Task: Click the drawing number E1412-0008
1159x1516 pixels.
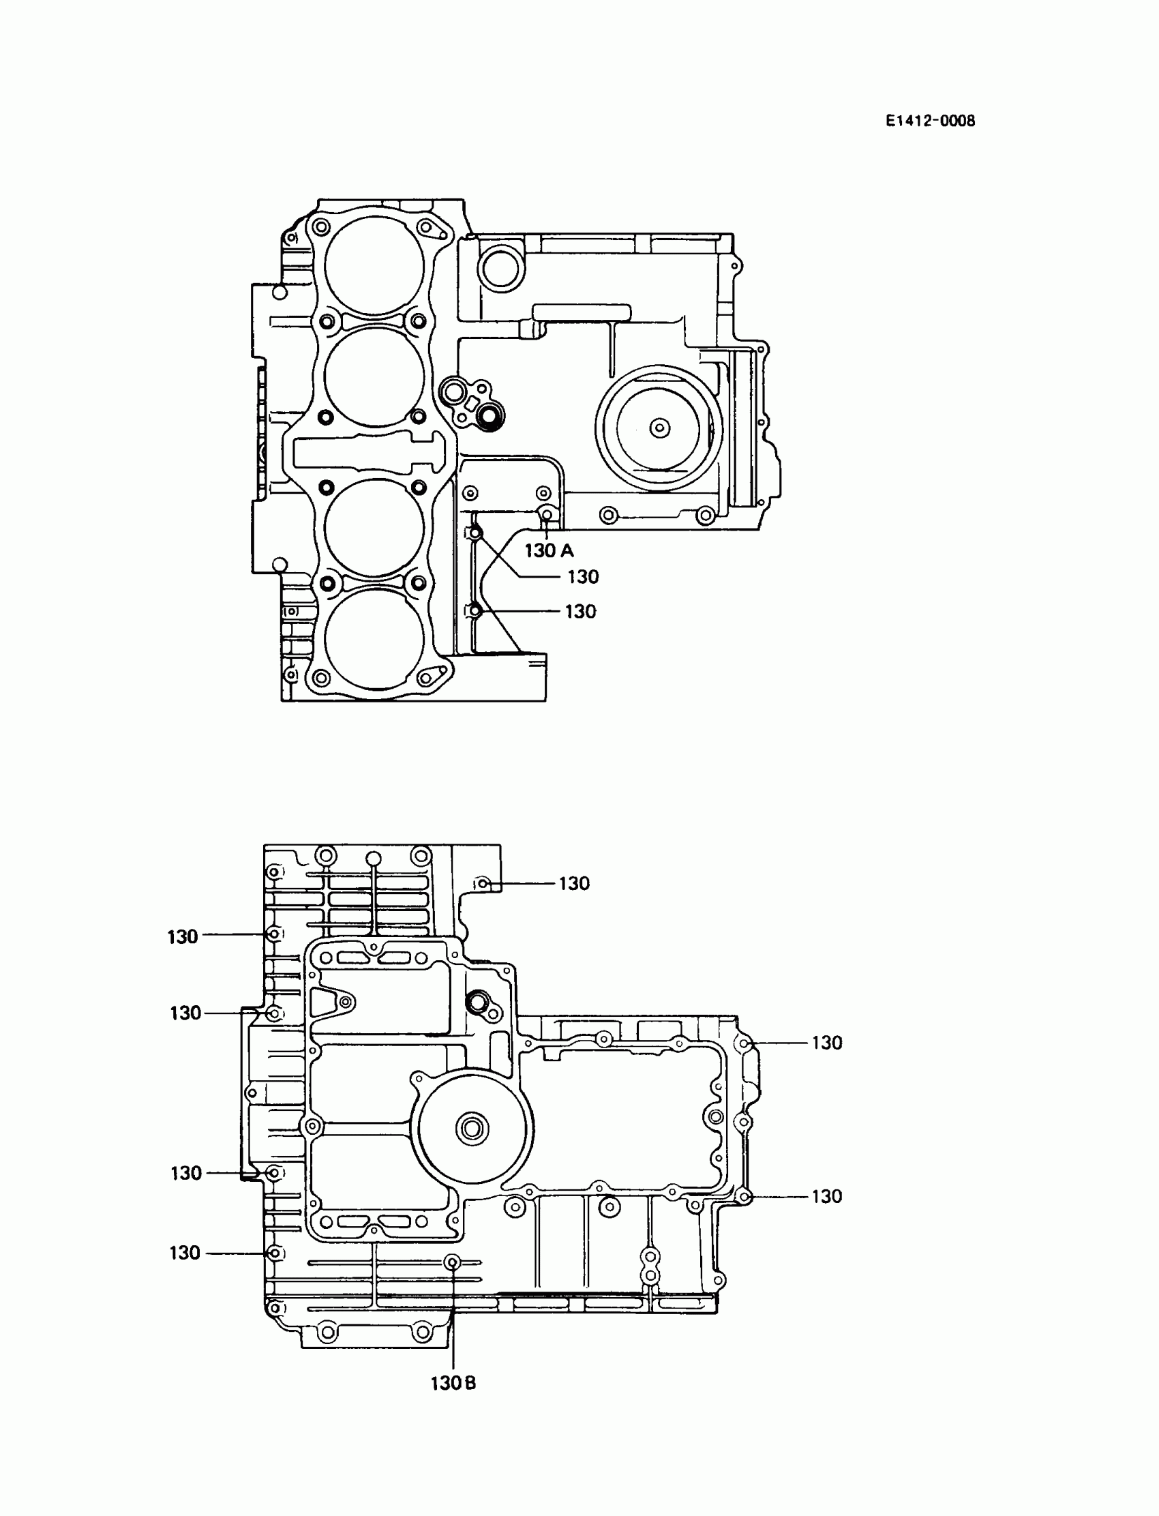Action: coord(931,121)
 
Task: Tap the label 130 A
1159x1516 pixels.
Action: coord(548,550)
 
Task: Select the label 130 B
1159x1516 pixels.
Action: coord(453,1384)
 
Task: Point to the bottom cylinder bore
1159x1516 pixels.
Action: coord(374,638)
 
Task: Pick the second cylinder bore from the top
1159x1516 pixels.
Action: coord(374,376)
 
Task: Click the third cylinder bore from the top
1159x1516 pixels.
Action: coord(374,529)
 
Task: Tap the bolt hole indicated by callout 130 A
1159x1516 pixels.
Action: coord(547,515)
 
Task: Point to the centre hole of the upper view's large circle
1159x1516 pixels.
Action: coord(659,428)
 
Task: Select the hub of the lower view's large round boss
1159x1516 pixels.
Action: coord(472,1129)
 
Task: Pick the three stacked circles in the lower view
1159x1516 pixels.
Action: coord(650,1267)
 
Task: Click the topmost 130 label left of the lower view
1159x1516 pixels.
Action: coord(183,936)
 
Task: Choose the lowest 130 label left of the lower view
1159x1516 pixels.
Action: coord(185,1252)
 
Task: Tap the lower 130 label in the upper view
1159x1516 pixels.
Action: coord(580,611)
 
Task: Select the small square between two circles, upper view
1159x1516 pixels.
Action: coord(473,404)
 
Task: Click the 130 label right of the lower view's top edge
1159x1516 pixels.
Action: coord(574,883)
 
